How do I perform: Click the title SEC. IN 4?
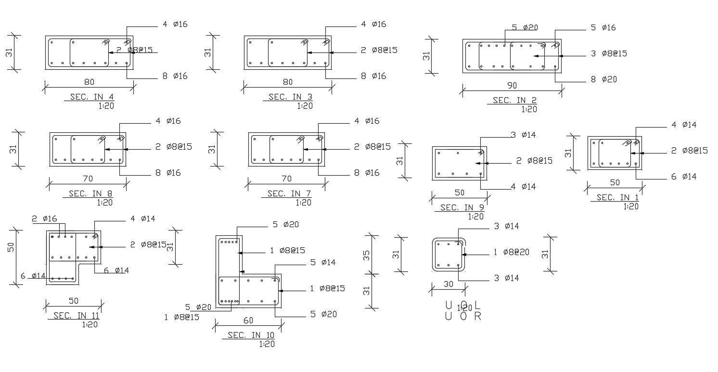point(90,97)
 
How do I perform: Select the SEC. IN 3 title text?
point(287,97)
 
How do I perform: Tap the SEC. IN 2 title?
point(514,101)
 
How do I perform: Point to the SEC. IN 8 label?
point(88,194)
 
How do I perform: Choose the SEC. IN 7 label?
point(289,194)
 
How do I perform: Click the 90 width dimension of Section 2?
point(512,86)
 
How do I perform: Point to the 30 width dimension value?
point(448,284)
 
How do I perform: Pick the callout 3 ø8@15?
point(609,53)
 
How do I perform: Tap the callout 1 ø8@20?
point(511,252)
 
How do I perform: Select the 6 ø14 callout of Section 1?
point(684,177)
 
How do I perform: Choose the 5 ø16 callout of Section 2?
point(603,28)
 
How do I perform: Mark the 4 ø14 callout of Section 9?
point(523,187)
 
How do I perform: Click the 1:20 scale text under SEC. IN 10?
point(267,344)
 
